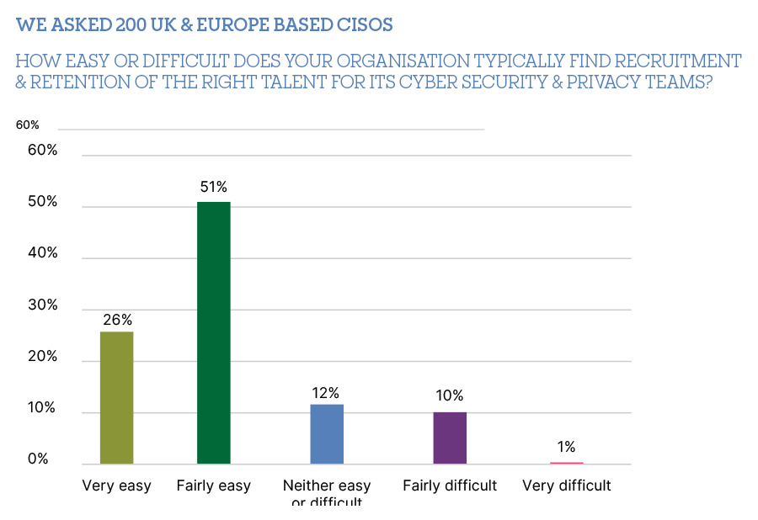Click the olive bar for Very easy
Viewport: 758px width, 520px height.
pos(116,398)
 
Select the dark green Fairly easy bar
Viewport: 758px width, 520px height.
pos(214,333)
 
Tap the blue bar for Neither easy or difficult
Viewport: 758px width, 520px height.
pos(326,434)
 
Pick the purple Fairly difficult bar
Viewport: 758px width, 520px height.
pos(449,438)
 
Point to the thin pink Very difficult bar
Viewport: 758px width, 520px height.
pos(566,463)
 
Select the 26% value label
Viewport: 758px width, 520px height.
pos(117,320)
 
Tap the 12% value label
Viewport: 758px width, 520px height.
pos(326,393)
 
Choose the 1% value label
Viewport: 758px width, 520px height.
pos(566,448)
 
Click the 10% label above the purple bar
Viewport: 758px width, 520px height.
pos(449,396)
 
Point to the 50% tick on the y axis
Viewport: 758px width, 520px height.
pos(40,203)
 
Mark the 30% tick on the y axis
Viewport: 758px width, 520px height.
pos(40,305)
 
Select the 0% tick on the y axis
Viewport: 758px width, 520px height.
pos(39,459)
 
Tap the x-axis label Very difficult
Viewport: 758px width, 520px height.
pos(566,486)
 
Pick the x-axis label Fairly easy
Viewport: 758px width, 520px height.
pos(214,486)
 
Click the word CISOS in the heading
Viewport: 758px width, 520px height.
pos(362,25)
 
